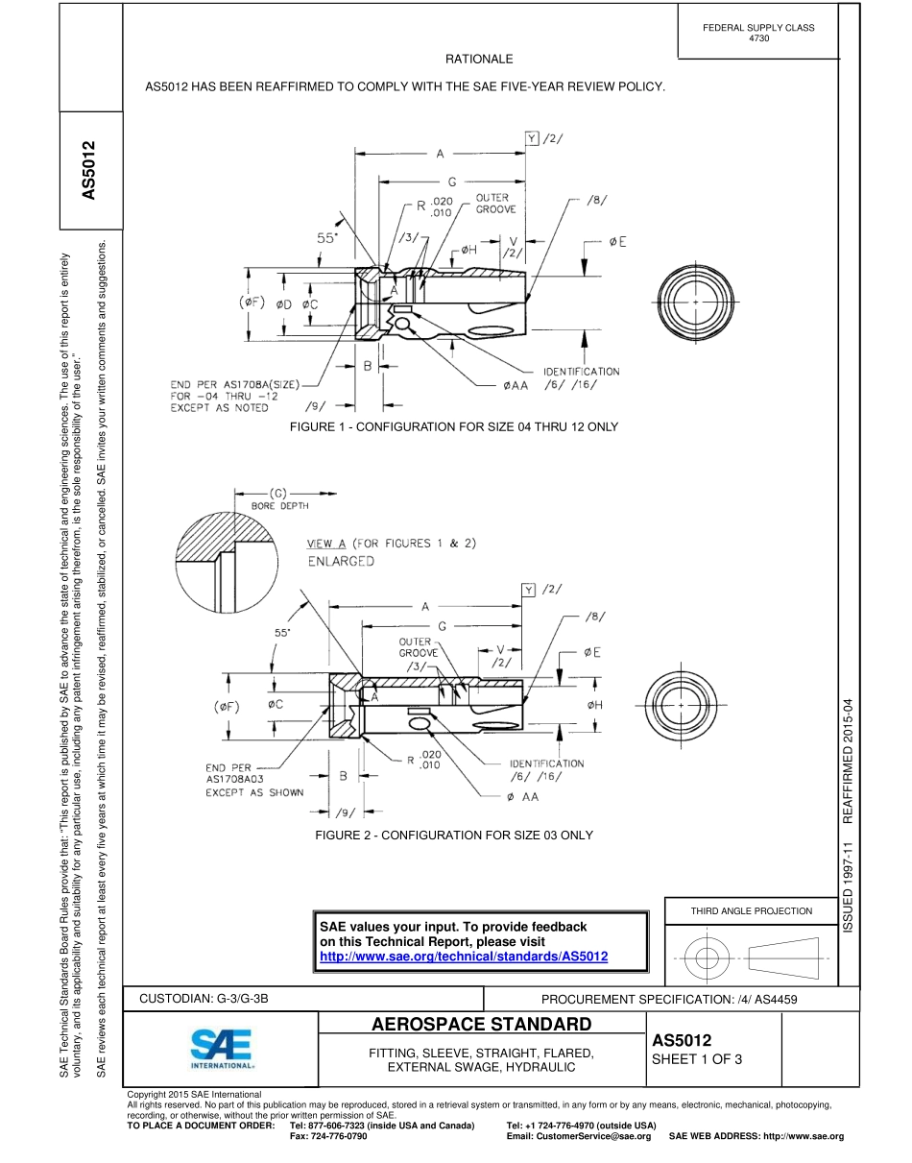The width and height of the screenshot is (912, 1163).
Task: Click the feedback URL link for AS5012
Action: pos(464,957)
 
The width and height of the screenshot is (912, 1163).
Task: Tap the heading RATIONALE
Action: pos(479,60)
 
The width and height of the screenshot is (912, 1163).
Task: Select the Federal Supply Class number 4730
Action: pos(758,38)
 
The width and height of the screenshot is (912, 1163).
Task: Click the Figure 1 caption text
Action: pos(454,426)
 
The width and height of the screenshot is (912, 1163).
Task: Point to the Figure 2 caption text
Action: pos(454,836)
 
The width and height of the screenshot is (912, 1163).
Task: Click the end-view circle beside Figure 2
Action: pos(681,705)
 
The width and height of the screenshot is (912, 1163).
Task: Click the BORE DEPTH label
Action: pos(279,505)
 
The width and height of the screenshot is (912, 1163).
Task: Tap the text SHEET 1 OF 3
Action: pos(697,1060)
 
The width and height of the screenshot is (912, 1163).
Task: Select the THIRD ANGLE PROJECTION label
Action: pos(752,911)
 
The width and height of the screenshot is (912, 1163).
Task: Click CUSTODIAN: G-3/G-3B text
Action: pos(204,999)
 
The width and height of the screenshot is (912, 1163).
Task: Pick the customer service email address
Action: pos(579,1136)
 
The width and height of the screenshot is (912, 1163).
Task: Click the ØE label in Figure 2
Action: pos(592,653)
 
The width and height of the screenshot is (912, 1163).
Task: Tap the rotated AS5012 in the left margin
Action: pos(89,171)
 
